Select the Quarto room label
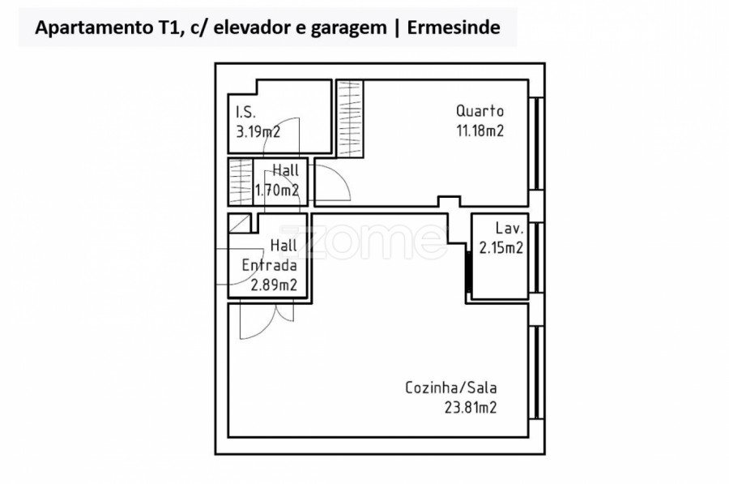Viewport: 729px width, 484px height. pos(480,112)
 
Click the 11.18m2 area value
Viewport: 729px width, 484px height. pos(480,131)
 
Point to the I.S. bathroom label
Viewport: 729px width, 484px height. pos(246,113)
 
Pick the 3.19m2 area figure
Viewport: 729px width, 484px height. pos(258,132)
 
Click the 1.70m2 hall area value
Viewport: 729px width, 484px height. pos(277,191)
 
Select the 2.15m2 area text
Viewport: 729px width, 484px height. pos(500,249)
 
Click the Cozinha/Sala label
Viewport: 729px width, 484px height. pos(450,388)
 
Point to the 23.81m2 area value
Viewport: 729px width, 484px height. pos(470,408)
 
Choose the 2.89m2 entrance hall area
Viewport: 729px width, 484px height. pos(274,285)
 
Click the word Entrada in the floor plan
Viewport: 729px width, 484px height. pos(269,265)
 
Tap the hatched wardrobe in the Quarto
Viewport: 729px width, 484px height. pos(350,118)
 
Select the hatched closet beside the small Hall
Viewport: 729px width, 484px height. pos(241,182)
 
